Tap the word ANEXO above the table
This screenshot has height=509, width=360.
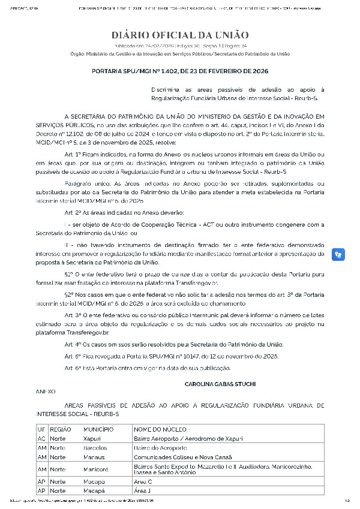point(46,391)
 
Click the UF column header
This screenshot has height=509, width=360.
point(41,430)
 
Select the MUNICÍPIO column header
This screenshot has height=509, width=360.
point(98,430)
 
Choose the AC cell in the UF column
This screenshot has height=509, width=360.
point(42,439)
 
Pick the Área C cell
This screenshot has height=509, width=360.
point(143,481)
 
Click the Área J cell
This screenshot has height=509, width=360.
point(143,490)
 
